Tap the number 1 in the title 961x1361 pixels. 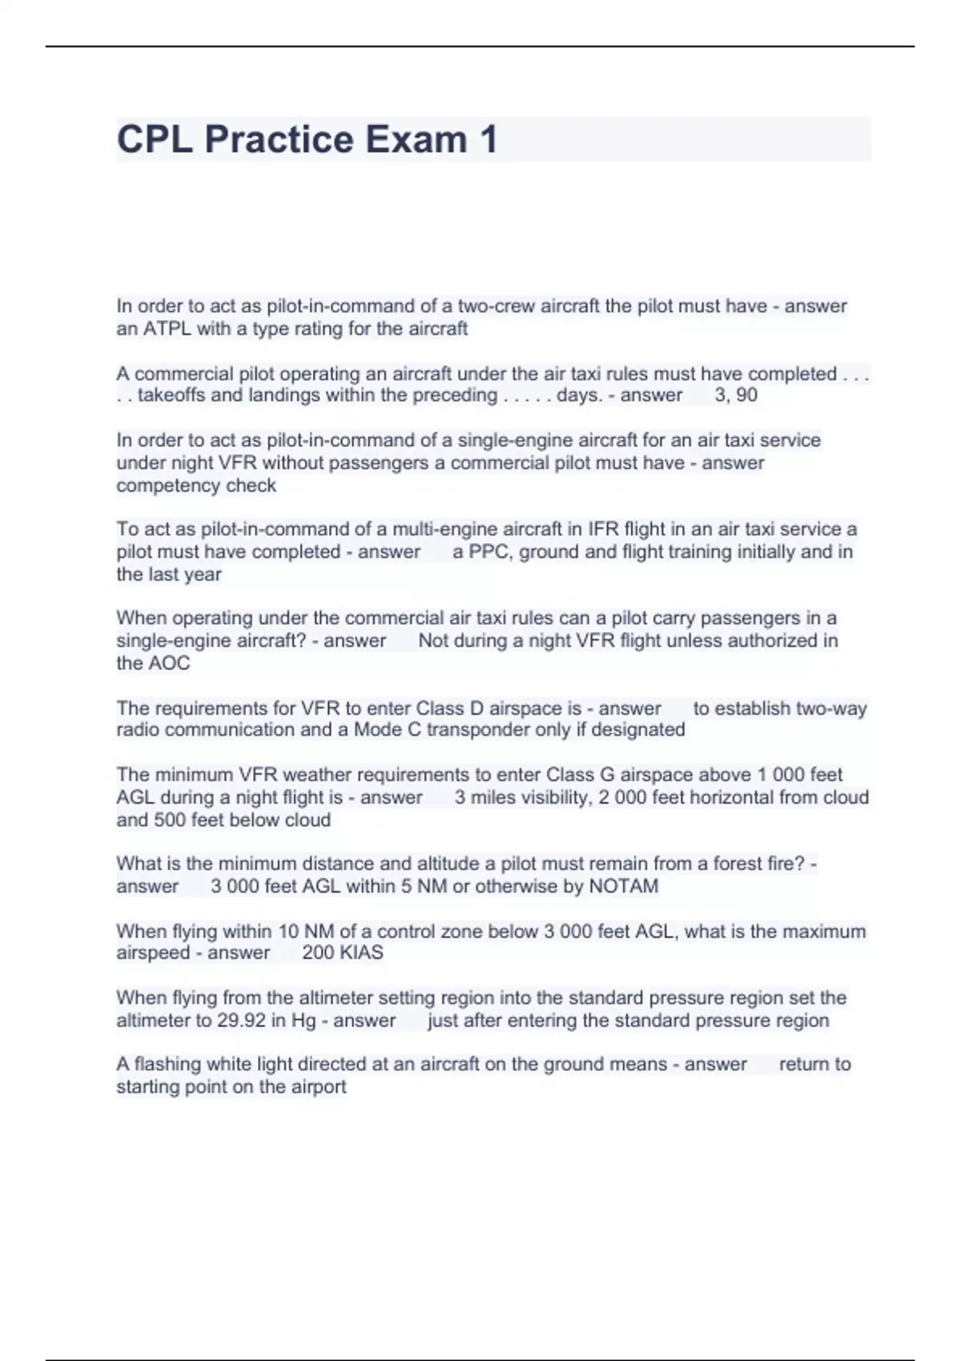point(489,139)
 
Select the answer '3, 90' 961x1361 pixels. point(736,395)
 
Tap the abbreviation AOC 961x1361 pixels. point(168,664)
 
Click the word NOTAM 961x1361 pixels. point(623,887)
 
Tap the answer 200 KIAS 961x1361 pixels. point(343,954)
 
